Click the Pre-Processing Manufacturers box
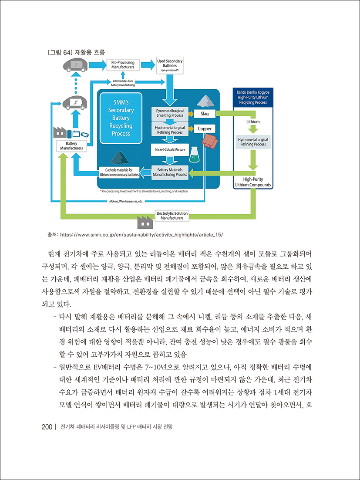point(123,65)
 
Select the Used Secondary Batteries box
point(170,64)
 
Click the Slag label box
point(205,114)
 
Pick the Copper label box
point(205,129)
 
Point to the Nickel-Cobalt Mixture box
point(170,149)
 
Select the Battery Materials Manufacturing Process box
point(170,172)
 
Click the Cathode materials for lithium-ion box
point(119,172)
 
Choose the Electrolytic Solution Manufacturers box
point(172,216)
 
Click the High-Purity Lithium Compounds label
point(253,182)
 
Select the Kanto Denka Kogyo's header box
point(253,97)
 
